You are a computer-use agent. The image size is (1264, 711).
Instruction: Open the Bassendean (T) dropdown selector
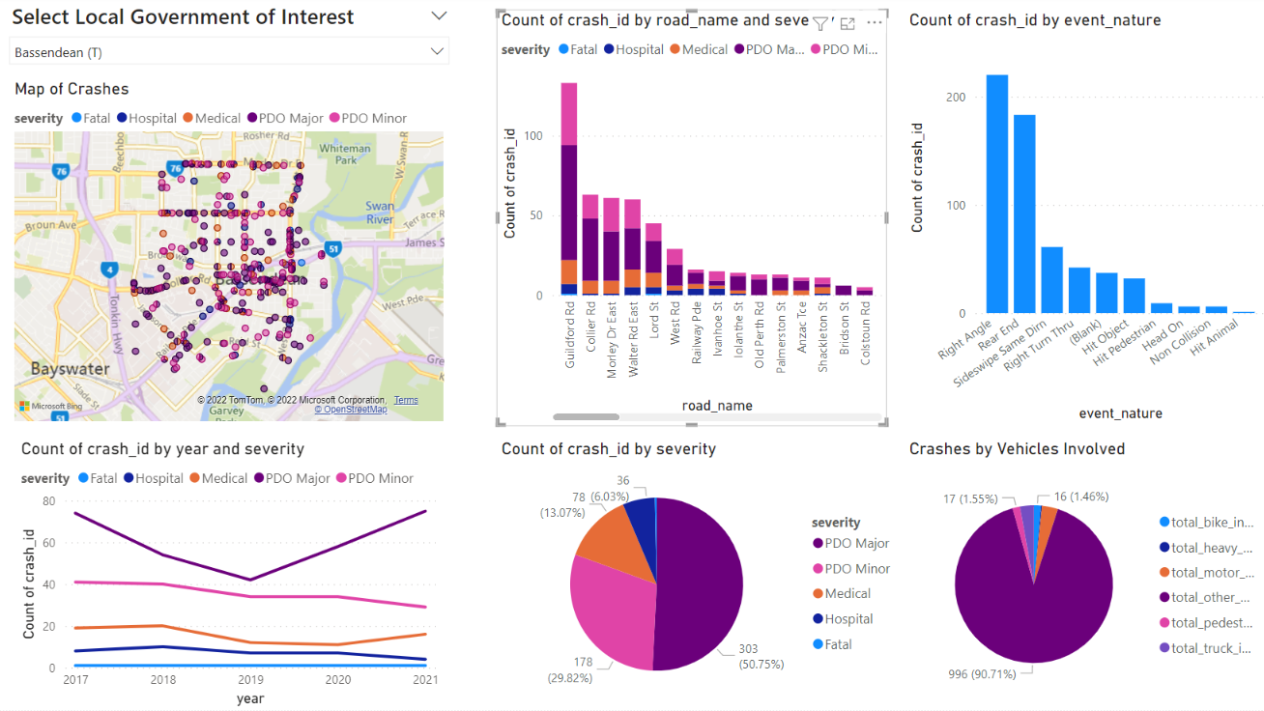pyautogui.click(x=229, y=51)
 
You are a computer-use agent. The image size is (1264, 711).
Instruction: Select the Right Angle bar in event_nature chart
pyautogui.click(x=996, y=193)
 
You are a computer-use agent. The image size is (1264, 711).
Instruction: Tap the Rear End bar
pyautogui.click(x=1024, y=213)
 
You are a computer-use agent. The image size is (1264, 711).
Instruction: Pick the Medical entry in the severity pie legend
pyautogui.click(x=847, y=594)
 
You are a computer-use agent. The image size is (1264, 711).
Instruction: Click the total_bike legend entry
pyautogui.click(x=1210, y=523)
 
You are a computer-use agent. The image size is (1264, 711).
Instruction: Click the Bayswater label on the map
pyautogui.click(x=70, y=369)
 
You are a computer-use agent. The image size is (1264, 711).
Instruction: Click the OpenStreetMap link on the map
pyautogui.click(x=350, y=410)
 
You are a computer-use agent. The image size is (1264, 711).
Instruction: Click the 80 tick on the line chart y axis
pyautogui.click(x=48, y=501)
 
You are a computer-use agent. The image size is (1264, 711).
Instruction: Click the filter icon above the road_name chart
pyautogui.click(x=820, y=24)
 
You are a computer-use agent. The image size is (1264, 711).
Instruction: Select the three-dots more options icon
pyautogui.click(x=875, y=23)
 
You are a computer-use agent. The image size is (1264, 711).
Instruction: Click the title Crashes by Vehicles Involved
pyautogui.click(x=1017, y=449)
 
